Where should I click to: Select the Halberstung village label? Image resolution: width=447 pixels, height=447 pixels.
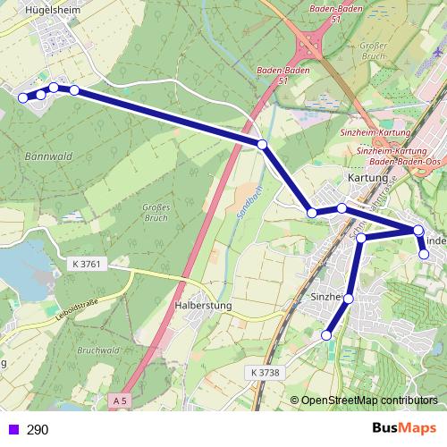point(200,306)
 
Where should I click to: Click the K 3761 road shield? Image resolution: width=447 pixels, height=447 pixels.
point(88,264)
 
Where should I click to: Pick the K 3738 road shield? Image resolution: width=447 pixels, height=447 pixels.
point(265,371)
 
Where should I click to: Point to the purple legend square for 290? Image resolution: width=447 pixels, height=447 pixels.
point(11,430)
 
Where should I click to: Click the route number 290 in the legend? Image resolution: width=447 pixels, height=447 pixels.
point(38,430)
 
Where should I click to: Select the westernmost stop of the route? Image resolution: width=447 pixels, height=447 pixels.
point(23,98)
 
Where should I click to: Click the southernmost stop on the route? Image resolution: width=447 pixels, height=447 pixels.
point(325,334)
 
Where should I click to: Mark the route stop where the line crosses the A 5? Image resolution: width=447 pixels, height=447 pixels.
point(262,144)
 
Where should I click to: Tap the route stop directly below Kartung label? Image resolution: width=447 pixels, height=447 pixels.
point(342,208)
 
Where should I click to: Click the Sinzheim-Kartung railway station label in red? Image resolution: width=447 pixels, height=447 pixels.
point(375,132)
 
